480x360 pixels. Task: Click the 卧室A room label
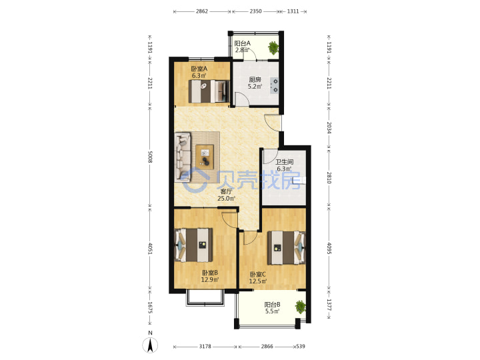199,69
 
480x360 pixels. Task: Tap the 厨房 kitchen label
255,79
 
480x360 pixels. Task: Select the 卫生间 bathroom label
285,162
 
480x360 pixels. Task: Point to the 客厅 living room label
226,191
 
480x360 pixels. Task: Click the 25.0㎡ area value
226,199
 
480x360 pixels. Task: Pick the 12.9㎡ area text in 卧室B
210,279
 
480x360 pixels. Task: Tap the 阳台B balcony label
272,305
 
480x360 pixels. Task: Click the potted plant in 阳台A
273,47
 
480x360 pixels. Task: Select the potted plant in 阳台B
300,307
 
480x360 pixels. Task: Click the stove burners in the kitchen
274,85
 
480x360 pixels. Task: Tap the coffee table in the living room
205,157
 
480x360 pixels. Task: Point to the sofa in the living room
183,157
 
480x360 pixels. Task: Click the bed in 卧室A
209,91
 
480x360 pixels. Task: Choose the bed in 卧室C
287,247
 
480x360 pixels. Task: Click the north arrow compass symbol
150,345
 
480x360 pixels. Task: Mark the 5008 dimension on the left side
150,157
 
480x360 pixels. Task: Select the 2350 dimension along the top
255,11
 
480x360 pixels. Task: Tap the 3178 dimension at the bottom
205,347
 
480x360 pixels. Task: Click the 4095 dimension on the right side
329,248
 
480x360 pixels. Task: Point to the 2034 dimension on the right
329,127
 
